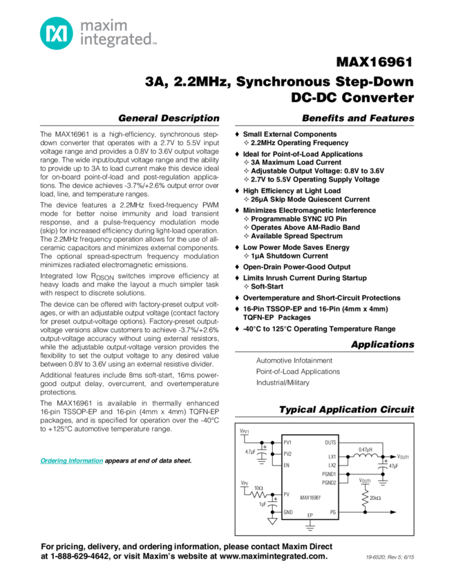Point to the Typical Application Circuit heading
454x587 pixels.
(346, 410)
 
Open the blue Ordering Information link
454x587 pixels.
(72, 461)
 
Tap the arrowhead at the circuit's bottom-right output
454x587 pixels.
(395, 512)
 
